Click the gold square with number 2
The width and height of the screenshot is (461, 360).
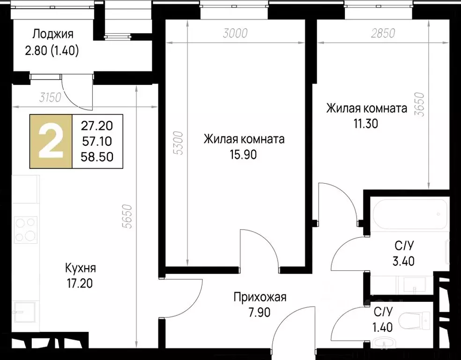pyautogui.click(x=51, y=141)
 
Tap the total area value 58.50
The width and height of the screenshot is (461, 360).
pyautogui.click(x=97, y=157)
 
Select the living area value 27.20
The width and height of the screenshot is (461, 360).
pyautogui.click(x=97, y=126)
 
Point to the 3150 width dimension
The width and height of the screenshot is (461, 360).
pyautogui.click(x=51, y=97)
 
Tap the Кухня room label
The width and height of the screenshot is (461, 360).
pyautogui.click(x=81, y=269)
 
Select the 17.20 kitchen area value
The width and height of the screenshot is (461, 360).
pyautogui.click(x=81, y=283)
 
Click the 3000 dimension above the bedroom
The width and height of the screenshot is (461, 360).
pyautogui.click(x=235, y=33)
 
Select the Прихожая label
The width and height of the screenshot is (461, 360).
pyautogui.click(x=260, y=297)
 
